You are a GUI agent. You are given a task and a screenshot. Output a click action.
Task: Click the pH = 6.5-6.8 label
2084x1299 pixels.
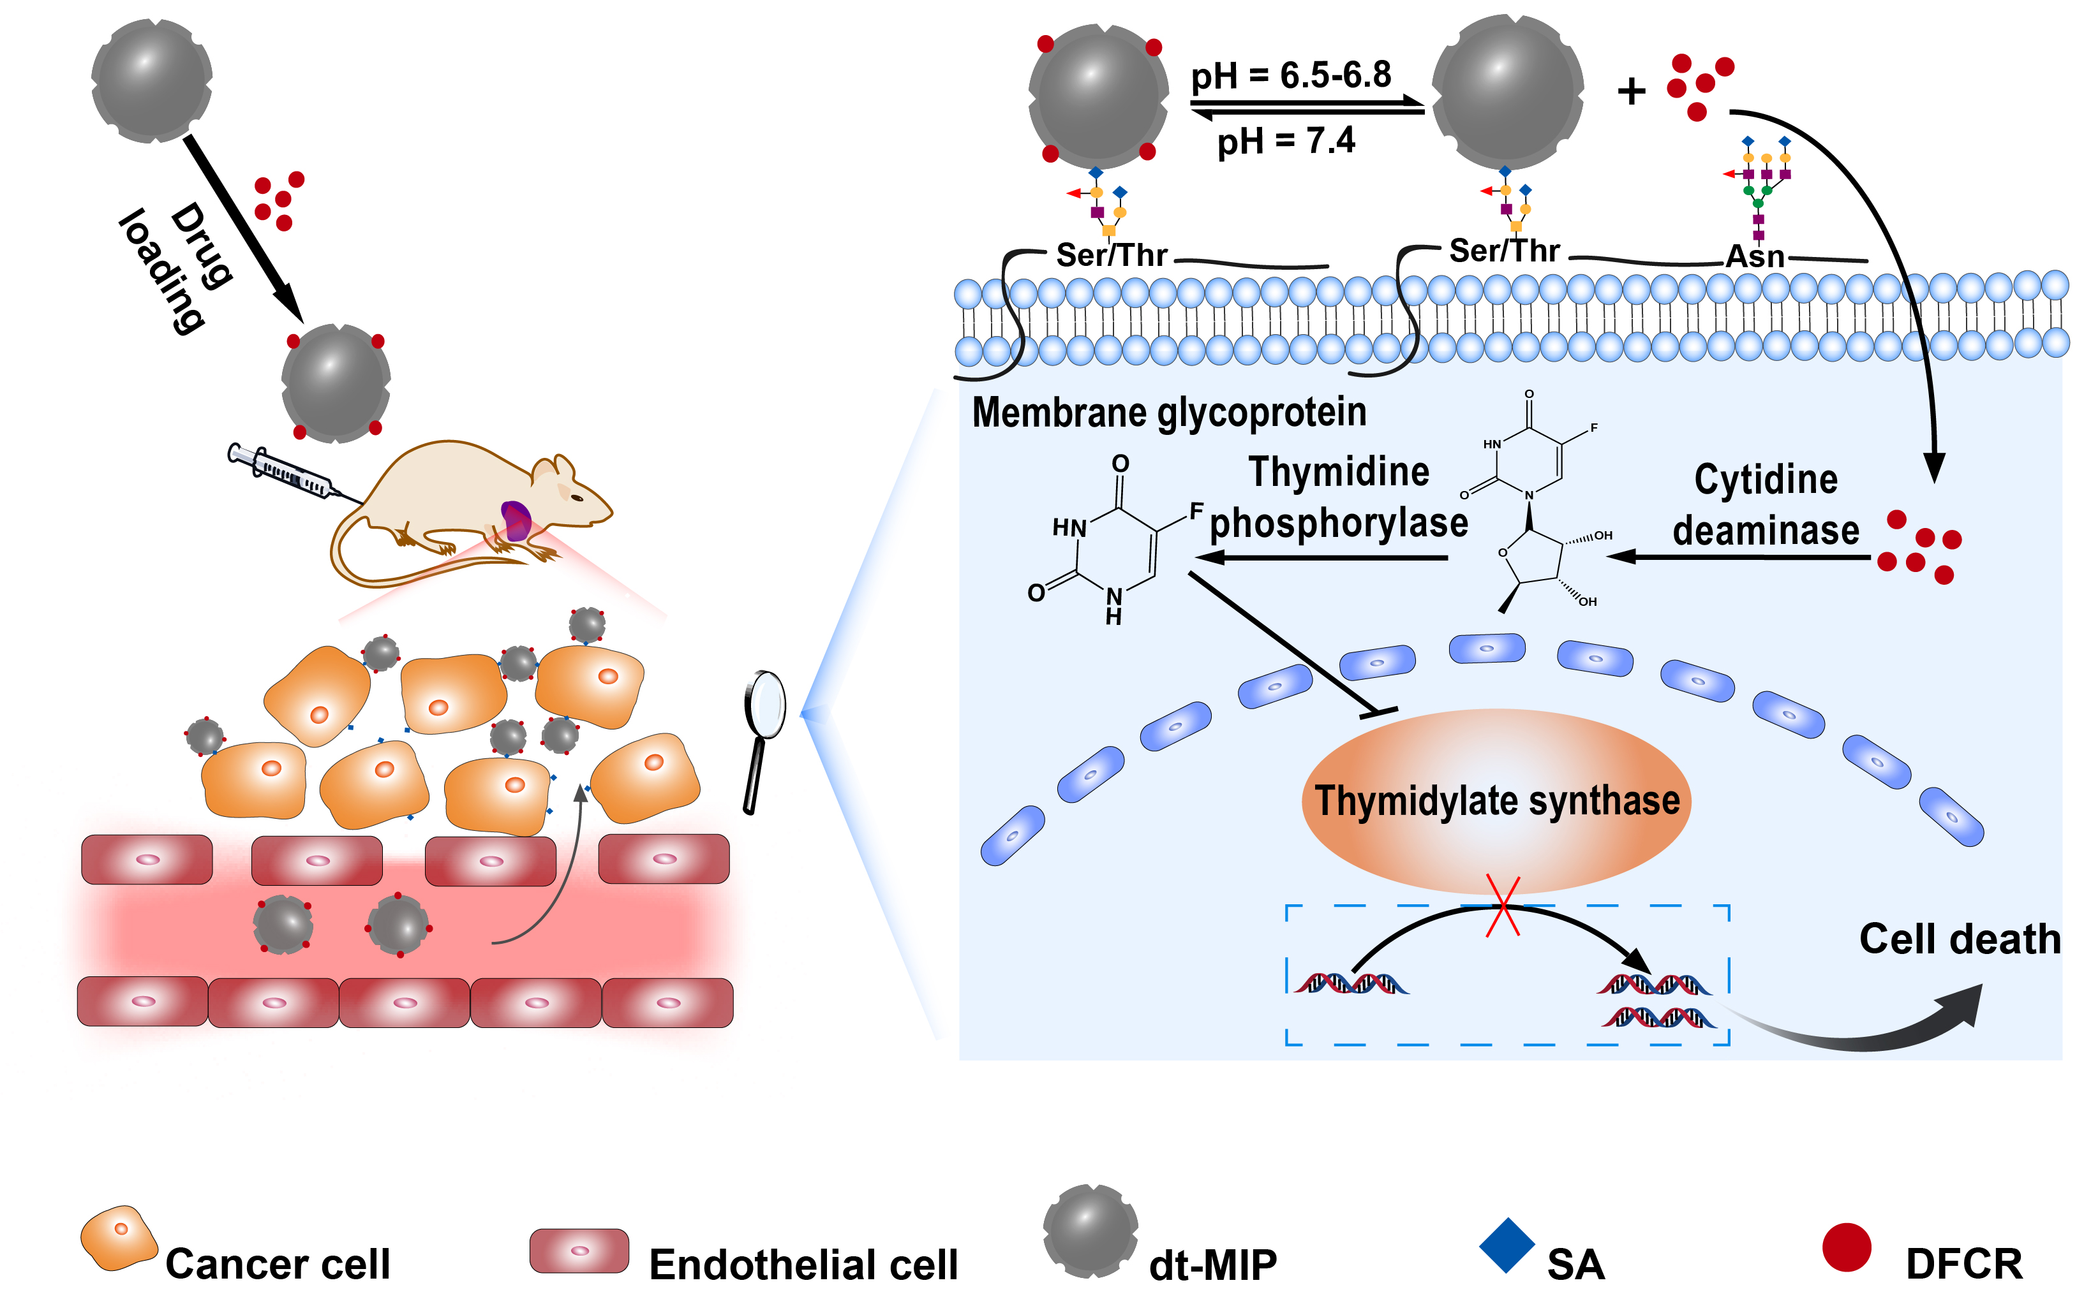tap(1290, 76)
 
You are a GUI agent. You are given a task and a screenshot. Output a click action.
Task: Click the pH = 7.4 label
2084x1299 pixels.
tap(1286, 140)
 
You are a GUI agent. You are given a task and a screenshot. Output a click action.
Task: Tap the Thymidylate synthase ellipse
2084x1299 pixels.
tap(1496, 801)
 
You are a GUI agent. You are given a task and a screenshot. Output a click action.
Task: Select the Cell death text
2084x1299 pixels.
tap(1960, 939)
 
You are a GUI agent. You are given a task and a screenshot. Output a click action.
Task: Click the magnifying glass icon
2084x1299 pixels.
tap(763, 726)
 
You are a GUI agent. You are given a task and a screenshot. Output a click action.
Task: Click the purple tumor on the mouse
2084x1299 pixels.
tap(516, 520)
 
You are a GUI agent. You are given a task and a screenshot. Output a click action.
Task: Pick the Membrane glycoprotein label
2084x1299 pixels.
tap(1169, 413)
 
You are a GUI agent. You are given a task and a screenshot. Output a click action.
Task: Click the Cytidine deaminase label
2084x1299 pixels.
tap(1766, 505)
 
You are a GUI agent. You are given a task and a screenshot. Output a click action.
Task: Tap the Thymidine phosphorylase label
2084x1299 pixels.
tap(1338, 498)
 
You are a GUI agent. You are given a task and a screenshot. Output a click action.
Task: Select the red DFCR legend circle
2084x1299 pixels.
tap(1846, 1247)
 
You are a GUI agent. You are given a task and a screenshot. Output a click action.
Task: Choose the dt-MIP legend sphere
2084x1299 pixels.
tap(1090, 1230)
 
